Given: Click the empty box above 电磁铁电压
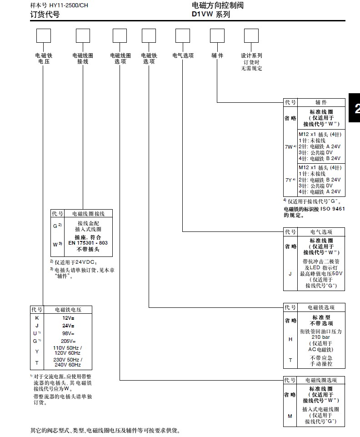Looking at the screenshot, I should click(43, 35).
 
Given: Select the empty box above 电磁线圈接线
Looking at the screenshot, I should click(83, 35).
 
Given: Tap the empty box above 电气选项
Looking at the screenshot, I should click(183, 35).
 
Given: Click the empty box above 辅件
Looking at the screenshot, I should click(217, 35).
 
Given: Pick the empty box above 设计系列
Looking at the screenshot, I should click(251, 35).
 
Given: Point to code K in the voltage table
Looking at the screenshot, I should click(37, 318).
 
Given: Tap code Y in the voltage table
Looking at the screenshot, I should click(37, 352).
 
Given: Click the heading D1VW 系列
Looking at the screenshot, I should click(211, 14).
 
